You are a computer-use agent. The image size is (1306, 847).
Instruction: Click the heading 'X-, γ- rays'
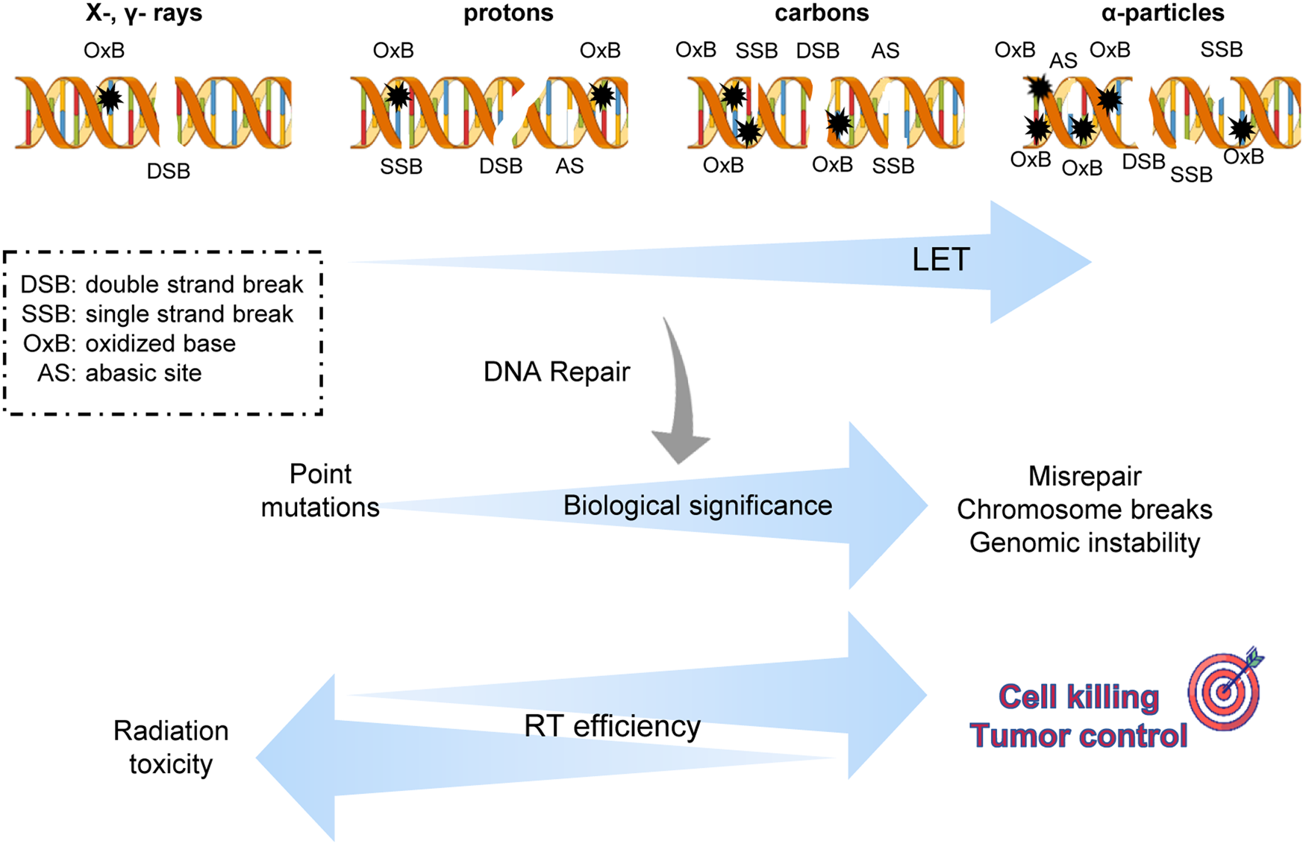143,13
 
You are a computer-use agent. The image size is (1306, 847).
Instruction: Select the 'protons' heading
508,13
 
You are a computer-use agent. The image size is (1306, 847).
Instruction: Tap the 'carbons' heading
822,13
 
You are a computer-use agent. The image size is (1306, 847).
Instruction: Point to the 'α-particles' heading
1163,13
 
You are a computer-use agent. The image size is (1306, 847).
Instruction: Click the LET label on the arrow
940,260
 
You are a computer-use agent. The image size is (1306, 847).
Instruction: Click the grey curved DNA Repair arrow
680,396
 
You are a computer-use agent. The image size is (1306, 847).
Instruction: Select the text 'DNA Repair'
557,372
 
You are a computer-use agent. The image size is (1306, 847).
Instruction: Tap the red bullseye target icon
1224,692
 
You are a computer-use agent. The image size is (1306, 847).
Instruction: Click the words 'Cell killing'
1078,697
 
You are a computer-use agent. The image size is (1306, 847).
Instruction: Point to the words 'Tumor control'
1078,736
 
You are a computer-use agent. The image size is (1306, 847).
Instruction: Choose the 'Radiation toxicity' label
171,747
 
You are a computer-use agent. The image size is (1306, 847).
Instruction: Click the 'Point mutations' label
320,490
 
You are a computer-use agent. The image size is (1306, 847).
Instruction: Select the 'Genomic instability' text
1084,543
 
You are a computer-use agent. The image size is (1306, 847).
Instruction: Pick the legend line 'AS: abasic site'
119,373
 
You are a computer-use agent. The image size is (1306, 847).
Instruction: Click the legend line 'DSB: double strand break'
161,284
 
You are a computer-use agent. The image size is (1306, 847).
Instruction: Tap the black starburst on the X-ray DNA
110,98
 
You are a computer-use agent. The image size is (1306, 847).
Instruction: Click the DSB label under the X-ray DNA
168,172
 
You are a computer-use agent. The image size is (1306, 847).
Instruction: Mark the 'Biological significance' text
697,506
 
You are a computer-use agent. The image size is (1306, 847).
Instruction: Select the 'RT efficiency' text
612,726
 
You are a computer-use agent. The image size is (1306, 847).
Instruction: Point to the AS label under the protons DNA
569,166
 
